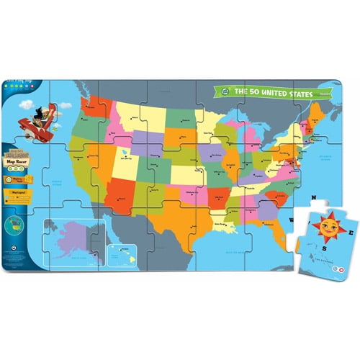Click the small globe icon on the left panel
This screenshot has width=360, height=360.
coord(13,223)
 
